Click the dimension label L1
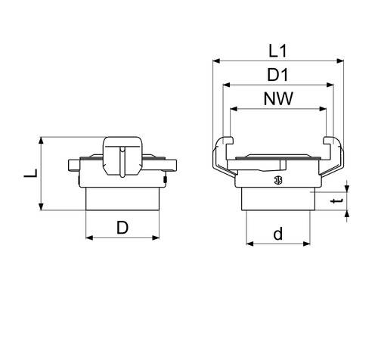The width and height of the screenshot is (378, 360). point(277,51)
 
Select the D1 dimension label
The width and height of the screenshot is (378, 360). point(277,75)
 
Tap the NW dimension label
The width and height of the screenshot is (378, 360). point(278,98)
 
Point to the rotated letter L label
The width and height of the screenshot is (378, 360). point(31,173)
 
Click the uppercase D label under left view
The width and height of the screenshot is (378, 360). point(122,228)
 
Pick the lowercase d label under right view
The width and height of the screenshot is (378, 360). point(278,234)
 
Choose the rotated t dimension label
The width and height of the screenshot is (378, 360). point(337,201)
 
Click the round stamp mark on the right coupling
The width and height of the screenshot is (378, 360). point(278,180)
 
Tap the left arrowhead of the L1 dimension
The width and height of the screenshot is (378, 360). point(216,61)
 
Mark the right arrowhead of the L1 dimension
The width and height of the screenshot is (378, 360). point(340,61)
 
